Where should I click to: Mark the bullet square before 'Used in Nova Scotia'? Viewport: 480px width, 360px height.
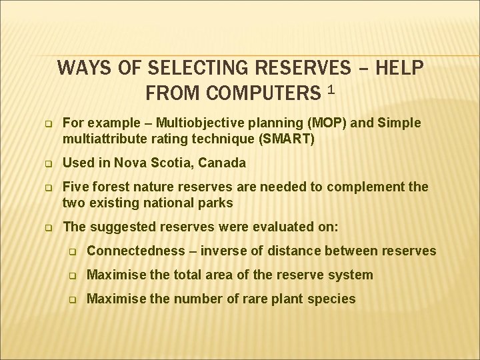pos(48,163)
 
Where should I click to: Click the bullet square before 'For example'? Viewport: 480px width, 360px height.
pos(48,124)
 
